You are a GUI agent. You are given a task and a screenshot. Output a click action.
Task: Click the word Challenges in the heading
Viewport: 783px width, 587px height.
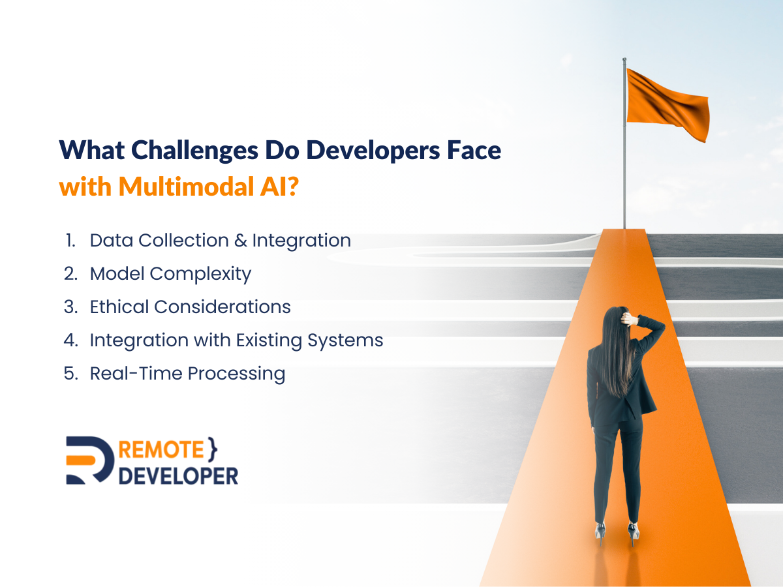194,151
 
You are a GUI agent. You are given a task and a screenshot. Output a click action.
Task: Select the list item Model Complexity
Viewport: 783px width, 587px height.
170,274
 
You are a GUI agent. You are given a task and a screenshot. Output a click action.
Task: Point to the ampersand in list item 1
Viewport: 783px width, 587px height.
241,240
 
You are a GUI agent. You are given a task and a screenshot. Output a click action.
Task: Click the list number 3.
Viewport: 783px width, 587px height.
70,307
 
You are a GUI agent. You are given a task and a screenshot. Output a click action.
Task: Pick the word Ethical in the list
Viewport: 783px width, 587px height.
119,307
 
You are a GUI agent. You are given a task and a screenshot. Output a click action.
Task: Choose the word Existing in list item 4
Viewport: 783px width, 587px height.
269,340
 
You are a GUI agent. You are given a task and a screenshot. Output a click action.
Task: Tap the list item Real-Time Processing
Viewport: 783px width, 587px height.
188,374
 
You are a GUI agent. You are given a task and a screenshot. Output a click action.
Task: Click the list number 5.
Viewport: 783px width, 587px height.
70,374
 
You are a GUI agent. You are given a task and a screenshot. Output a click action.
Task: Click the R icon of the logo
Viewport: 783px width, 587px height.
89,460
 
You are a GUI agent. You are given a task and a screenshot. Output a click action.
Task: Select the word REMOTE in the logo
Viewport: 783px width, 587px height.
161,449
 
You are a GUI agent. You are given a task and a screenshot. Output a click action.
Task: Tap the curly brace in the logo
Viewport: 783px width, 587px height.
212,449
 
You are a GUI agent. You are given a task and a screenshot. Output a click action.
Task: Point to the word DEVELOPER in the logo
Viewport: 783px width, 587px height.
178,476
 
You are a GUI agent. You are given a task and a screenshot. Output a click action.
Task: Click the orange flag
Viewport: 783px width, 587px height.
668,105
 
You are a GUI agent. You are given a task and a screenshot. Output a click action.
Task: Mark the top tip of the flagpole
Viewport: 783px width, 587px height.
624,59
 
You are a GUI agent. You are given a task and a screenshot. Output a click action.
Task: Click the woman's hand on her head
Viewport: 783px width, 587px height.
626,318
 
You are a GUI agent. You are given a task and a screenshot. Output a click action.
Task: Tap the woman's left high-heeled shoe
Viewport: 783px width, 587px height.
600,534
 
